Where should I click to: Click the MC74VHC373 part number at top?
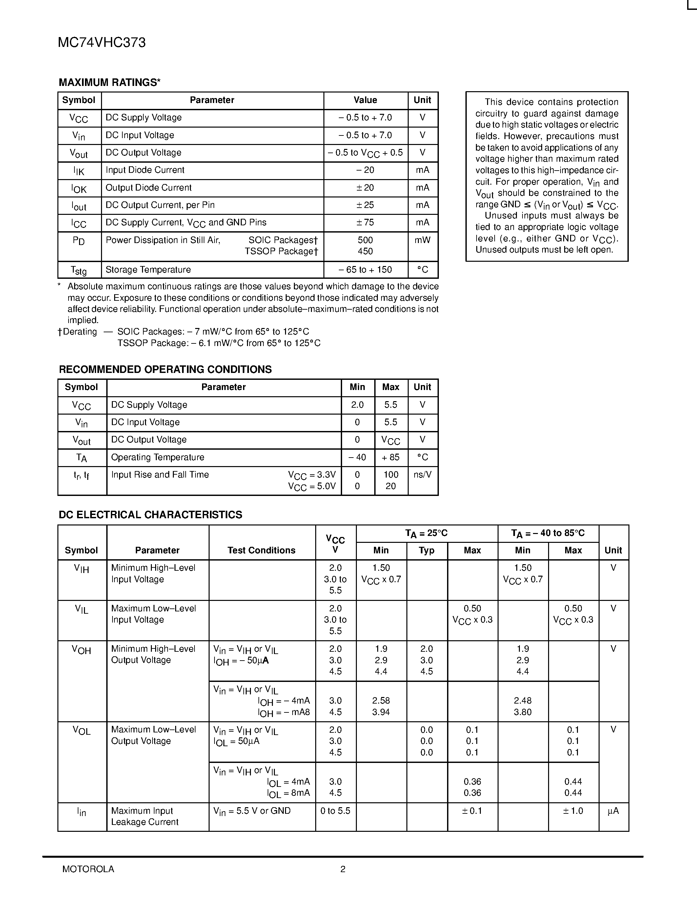pos(102,43)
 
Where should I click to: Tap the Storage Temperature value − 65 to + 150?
pos(365,270)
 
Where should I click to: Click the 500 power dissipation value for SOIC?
pos(365,240)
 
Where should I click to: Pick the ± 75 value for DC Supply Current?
pos(365,223)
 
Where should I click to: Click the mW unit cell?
pos(422,240)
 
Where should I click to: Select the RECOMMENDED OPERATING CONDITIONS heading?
pos(165,369)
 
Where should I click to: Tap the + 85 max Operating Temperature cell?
pos(391,457)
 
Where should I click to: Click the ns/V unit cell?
pos(422,475)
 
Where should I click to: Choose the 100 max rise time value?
pos(391,475)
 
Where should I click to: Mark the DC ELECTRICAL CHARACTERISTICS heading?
pos(150,515)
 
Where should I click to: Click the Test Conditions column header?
pos(261,550)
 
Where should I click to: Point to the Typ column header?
pos(426,550)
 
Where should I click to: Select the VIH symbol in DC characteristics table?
pos(81,569)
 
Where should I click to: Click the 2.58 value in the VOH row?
pos(381,701)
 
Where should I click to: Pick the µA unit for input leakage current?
pos(613,811)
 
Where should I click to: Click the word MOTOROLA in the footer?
pos(88,869)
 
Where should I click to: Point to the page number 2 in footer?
pos(343,869)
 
